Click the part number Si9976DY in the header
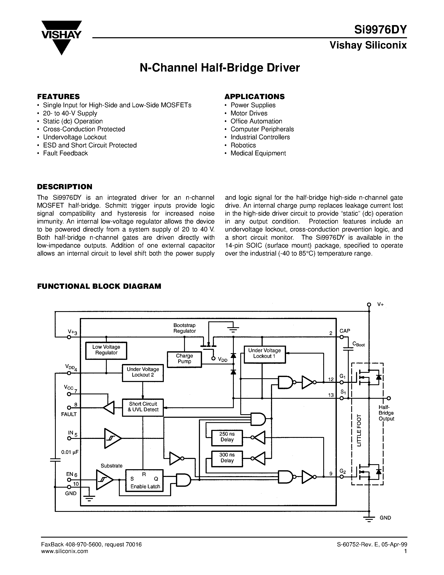[x=380, y=29]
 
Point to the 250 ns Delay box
[x=227, y=438]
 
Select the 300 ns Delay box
[x=227, y=458]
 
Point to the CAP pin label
[x=345, y=331]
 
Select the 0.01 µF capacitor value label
[x=70, y=452]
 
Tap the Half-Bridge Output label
[x=386, y=413]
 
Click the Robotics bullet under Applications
[x=243, y=145]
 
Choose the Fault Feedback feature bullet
[x=65, y=153]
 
